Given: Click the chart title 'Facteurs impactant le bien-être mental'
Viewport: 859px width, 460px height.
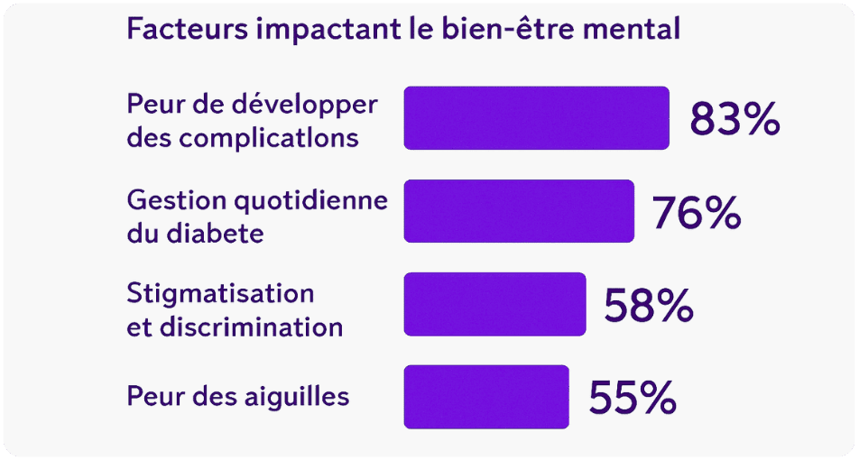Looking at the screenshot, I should tap(402, 29).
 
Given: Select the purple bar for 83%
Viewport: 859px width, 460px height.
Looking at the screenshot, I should tap(536, 118).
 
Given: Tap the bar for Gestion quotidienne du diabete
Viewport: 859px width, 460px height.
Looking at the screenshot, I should tap(519, 211).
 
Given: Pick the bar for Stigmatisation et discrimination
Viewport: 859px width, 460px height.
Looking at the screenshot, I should tap(494, 304).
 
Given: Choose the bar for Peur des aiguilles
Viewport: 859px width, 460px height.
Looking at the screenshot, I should tap(486, 397).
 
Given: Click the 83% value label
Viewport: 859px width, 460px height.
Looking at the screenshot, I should tap(734, 119).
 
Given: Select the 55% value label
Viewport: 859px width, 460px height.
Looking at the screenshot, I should tap(632, 398).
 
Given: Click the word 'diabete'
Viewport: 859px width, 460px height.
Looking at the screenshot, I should tap(215, 234).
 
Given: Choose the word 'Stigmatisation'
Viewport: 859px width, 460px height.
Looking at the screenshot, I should tap(220, 293).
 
